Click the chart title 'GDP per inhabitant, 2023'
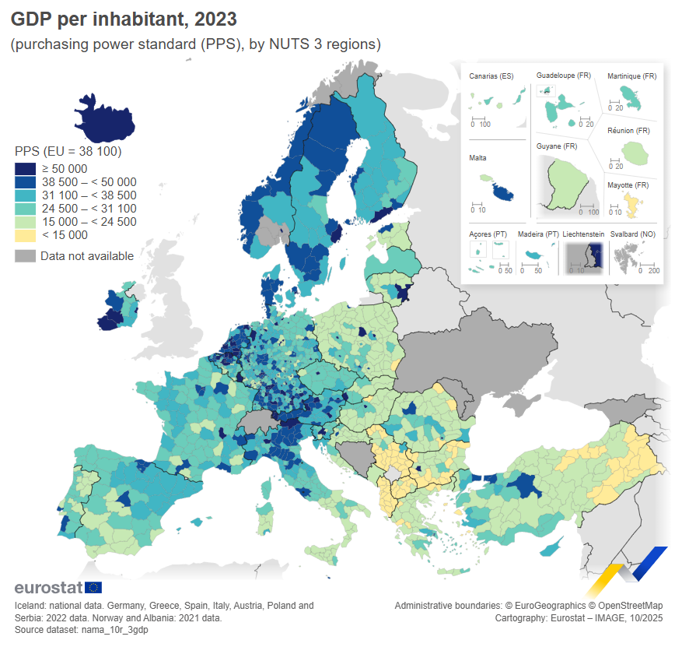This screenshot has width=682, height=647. pos(124,18)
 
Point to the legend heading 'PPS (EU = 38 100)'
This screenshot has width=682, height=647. pos(68,151)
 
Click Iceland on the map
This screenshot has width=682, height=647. pos(106,115)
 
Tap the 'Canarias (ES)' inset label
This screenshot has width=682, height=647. pos(491,76)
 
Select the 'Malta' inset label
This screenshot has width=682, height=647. pos(477,157)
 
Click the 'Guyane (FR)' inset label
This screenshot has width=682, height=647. pos(557,146)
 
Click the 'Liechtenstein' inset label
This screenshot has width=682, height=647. pos(583,234)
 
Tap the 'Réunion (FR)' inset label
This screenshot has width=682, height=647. pos(628,130)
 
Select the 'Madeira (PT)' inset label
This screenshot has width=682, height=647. pos(538,234)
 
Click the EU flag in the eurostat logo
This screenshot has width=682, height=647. pos(93,588)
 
